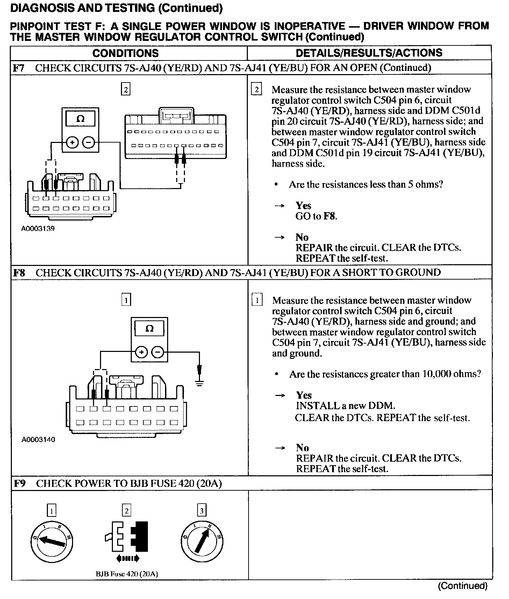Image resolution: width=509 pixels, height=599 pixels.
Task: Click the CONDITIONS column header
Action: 126,53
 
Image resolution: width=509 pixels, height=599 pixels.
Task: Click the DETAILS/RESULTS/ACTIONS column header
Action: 369,53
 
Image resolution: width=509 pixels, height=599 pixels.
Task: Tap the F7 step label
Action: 18,68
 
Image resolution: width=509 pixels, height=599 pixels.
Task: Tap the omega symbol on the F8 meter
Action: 149,329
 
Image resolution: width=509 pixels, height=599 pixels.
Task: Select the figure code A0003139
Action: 38,229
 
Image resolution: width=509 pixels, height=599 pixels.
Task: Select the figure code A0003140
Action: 38,439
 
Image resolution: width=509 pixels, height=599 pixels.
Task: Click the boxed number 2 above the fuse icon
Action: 126,511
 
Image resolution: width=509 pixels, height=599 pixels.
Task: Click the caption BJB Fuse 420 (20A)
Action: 127,574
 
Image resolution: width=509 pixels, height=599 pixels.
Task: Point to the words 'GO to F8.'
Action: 316,216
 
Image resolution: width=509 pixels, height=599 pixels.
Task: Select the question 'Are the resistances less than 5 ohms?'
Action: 366,185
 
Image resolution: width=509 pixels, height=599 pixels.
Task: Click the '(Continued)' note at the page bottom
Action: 462,586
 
